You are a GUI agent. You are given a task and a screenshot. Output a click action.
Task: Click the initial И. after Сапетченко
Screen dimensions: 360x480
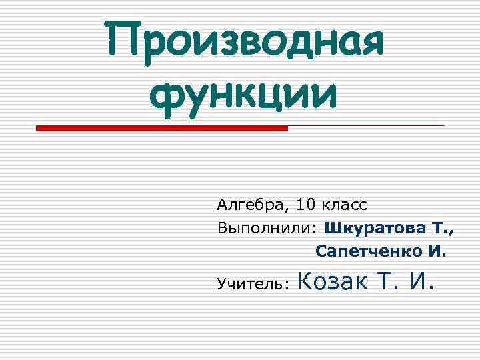click(x=436, y=252)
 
